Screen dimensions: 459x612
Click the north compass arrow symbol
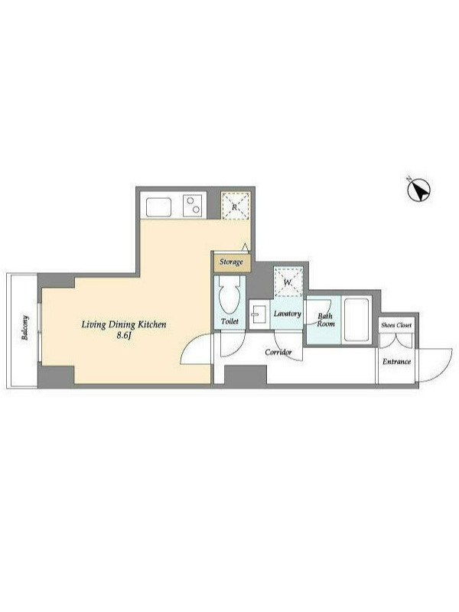418,190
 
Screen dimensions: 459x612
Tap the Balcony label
25,328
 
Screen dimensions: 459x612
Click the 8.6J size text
123,335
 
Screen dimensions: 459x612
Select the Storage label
231,262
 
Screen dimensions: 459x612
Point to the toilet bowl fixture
229,296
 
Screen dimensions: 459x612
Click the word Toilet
229,321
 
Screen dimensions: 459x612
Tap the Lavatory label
288,314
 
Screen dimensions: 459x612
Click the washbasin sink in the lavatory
258,314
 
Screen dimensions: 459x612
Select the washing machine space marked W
288,282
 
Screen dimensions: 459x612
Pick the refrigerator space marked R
236,206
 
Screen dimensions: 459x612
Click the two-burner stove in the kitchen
193,206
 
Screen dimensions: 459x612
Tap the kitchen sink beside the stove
158,207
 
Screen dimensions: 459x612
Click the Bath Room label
326,320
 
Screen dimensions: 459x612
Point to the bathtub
356,320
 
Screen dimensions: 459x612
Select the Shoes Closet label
396,324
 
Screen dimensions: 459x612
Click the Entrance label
396,361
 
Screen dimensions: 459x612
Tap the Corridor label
278,352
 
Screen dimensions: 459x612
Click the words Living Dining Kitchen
124,324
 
